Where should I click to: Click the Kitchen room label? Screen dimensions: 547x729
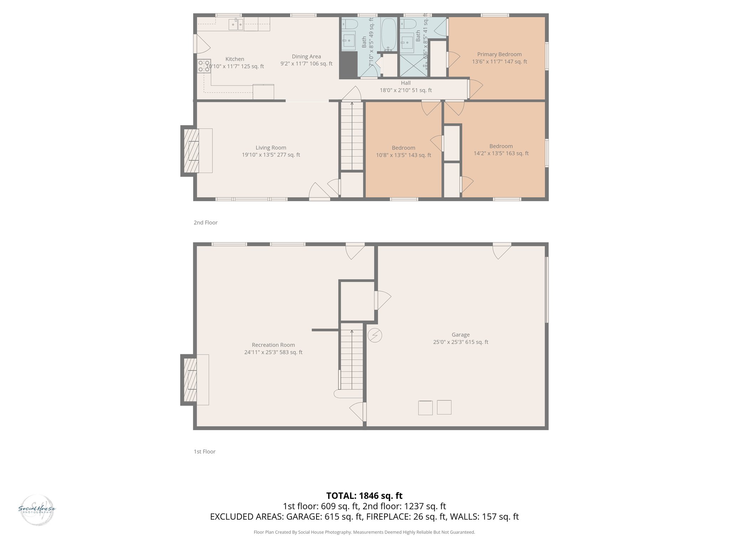[235, 59]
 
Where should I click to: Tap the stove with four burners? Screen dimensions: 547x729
[204, 66]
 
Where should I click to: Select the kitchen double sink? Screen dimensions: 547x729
[236, 24]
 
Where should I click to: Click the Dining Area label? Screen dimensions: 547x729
[306, 56]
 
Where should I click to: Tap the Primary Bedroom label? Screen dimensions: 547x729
[499, 54]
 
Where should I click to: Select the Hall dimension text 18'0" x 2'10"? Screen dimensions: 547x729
[405, 90]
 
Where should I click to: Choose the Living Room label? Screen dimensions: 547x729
[271, 147]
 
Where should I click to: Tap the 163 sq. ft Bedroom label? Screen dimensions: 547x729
[501, 150]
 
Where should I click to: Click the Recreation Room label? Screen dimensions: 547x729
[273, 345]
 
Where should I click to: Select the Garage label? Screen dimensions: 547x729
[461, 335]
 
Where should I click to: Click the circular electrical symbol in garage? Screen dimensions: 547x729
[375, 335]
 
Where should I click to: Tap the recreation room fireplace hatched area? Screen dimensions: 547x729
[190, 380]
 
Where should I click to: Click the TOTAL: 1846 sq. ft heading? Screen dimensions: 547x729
[364, 496]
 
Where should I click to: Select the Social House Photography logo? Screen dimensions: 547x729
[37, 510]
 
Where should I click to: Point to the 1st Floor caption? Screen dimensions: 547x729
[204, 452]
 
